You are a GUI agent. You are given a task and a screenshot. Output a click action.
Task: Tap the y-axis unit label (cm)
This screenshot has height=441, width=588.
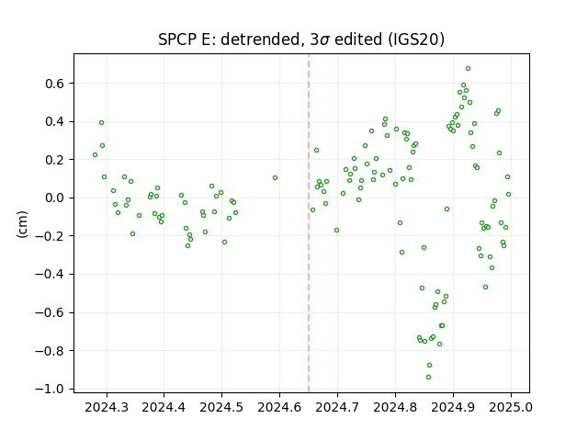point(22,224)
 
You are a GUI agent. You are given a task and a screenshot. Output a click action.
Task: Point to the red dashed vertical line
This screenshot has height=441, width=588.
point(309,223)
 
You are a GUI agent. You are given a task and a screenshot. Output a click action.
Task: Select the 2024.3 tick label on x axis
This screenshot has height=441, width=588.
point(107,407)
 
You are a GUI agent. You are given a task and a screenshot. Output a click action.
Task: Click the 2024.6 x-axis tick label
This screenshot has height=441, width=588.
point(279,407)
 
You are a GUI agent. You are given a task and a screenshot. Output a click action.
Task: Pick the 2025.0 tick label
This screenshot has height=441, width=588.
point(511,407)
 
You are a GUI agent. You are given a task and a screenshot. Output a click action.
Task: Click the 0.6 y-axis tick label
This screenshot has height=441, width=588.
point(55,84)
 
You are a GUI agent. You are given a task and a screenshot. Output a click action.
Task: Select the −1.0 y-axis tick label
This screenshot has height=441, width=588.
point(50,389)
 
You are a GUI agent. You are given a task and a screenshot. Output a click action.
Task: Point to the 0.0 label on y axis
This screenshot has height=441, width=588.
point(55,198)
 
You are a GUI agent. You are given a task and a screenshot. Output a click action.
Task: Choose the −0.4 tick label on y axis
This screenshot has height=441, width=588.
point(50,274)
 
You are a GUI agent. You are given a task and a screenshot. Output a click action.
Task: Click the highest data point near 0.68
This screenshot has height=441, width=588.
point(468,69)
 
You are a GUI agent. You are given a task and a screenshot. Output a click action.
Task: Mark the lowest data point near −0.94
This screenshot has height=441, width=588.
point(429,378)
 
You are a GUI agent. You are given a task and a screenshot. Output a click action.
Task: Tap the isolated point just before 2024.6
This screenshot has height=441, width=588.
point(276,177)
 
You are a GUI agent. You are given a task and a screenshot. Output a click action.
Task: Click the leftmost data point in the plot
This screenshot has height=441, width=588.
point(96,155)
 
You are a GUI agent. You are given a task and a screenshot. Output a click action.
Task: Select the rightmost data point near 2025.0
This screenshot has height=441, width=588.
point(508,194)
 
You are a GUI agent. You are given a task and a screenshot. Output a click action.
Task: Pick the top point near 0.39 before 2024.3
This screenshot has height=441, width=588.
point(102,122)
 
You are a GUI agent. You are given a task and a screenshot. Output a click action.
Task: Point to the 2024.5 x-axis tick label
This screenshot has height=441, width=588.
point(221,407)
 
